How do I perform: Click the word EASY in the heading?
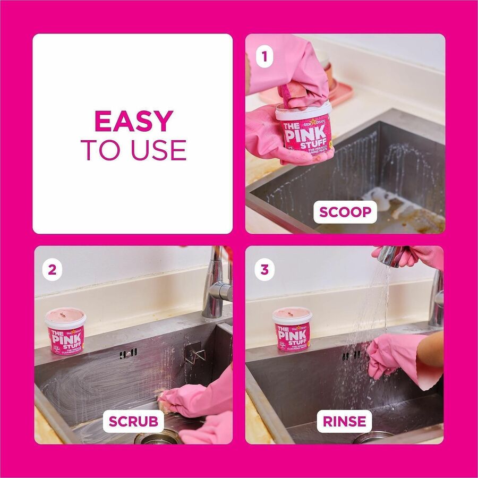tap(133, 122)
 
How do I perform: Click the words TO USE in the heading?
tap(133, 150)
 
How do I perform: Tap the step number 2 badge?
tap(52, 269)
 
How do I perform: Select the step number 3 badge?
tap(264, 269)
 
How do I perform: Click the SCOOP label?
tap(345, 212)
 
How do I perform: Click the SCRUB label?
tap(133, 422)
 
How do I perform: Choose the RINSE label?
tap(345, 422)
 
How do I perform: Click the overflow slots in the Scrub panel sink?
tap(128, 353)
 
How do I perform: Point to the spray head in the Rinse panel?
tap(389, 256)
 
